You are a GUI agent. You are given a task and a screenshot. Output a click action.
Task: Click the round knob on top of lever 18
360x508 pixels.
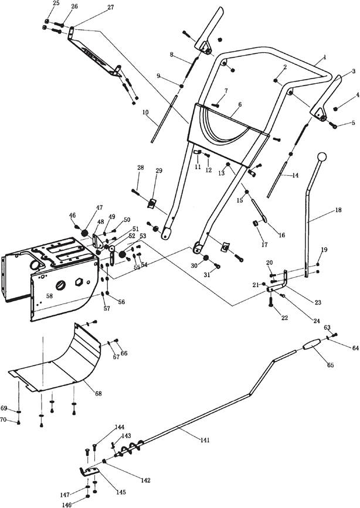(322, 157)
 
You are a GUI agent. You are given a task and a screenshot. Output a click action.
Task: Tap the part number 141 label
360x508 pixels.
(205, 440)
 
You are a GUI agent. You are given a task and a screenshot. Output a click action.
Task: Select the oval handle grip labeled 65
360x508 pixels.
(312, 344)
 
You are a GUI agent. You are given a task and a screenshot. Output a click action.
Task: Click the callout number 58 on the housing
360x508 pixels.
(49, 296)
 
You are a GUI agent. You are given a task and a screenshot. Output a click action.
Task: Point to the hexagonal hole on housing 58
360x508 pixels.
(79, 282)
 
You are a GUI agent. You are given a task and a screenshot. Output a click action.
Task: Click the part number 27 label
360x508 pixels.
(111, 7)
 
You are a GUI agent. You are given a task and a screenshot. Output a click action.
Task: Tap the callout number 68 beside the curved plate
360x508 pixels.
(99, 393)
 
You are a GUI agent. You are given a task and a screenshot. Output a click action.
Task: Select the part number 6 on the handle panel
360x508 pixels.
(240, 104)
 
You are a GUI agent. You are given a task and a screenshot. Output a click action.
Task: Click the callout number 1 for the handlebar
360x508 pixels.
(325, 57)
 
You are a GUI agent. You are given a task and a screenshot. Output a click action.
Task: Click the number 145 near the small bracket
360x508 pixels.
(121, 492)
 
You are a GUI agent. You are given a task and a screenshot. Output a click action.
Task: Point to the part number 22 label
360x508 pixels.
(284, 318)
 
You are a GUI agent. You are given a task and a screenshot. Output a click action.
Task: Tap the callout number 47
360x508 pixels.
(99, 207)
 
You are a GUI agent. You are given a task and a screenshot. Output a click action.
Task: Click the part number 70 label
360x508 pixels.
(4, 420)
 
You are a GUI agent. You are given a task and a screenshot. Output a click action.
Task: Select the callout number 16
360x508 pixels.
(282, 235)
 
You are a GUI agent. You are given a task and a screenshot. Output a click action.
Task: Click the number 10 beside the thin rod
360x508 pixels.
(145, 112)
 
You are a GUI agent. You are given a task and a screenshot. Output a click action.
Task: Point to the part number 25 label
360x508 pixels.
(56, 3)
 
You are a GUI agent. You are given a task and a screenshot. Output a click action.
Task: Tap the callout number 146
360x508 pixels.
(66, 504)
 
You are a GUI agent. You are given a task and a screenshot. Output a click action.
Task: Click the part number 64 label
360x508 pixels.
(355, 348)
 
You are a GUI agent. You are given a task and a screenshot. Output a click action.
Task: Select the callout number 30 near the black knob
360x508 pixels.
(194, 265)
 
